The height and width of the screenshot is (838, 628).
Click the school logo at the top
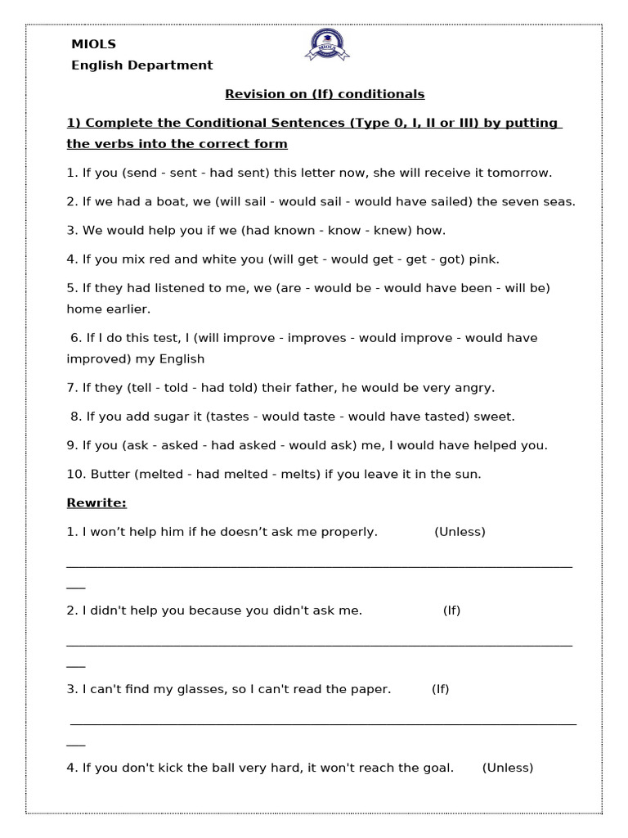coord(326,45)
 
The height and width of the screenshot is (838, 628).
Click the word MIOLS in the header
coord(93,44)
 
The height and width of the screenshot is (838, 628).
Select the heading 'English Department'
coord(141,65)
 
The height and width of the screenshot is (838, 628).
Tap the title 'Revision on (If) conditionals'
coord(325,94)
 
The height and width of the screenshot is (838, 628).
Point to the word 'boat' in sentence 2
coord(164,201)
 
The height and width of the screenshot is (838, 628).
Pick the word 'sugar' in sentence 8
coord(165,417)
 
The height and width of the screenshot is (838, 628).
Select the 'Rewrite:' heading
coord(96,502)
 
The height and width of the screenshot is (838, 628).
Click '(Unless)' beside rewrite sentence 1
coord(460,532)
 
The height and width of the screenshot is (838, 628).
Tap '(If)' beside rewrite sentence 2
coord(451,610)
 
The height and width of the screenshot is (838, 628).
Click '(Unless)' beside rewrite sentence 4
coord(507,768)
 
